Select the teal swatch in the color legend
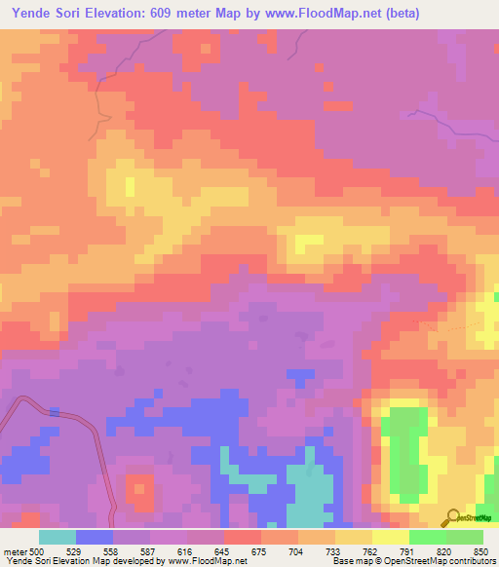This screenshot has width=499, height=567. [x=58, y=536]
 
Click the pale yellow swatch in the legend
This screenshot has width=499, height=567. [x=391, y=536]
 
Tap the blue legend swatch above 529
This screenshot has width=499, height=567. [x=95, y=536]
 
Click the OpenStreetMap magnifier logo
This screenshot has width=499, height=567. [x=452, y=517]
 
